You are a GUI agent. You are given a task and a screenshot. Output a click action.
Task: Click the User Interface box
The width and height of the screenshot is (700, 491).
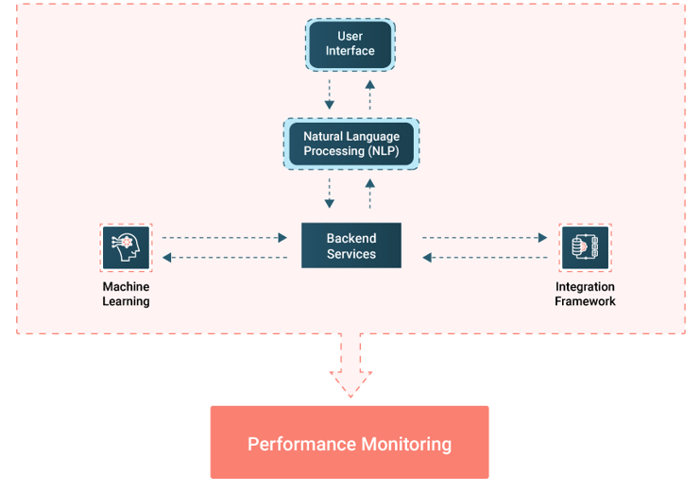[x=350, y=43]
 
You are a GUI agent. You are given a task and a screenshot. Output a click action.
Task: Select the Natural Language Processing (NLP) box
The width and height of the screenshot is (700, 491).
[x=350, y=144]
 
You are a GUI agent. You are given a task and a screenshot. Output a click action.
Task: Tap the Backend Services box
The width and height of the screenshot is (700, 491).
[x=350, y=245]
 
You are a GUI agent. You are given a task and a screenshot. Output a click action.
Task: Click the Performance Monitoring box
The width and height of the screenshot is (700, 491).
[x=350, y=443]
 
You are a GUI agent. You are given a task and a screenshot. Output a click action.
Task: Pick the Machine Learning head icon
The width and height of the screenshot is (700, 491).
[x=126, y=248]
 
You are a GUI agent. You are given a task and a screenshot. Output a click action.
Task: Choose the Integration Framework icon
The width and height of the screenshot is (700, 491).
[x=585, y=247]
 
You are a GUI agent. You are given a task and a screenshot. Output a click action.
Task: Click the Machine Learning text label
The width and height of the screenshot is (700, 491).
[x=126, y=294]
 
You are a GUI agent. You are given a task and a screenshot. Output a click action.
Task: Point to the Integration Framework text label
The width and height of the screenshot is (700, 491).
[x=585, y=294]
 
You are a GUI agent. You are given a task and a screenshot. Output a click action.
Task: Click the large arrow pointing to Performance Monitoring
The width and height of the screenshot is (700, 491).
[x=350, y=366]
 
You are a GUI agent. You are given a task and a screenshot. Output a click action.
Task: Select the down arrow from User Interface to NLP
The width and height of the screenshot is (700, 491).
[x=330, y=94]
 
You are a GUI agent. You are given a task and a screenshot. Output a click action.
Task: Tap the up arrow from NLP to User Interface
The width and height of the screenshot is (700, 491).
[x=370, y=94]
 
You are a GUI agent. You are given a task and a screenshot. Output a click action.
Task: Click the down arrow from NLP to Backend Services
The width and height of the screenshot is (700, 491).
[x=330, y=193]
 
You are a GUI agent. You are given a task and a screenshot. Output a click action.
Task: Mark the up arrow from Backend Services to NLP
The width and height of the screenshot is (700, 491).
[x=370, y=193]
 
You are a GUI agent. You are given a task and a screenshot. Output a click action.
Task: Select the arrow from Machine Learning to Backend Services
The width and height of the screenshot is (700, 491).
[x=225, y=238]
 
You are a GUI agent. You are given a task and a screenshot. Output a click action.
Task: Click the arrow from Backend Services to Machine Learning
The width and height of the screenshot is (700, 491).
[x=225, y=257]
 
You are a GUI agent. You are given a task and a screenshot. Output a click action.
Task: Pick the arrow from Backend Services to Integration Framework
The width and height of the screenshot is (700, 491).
[x=485, y=238]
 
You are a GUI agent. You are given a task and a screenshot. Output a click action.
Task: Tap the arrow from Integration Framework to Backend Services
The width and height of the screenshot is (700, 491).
[x=485, y=257]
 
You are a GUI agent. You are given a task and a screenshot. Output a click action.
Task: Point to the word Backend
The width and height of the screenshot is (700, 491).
[x=350, y=238]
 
